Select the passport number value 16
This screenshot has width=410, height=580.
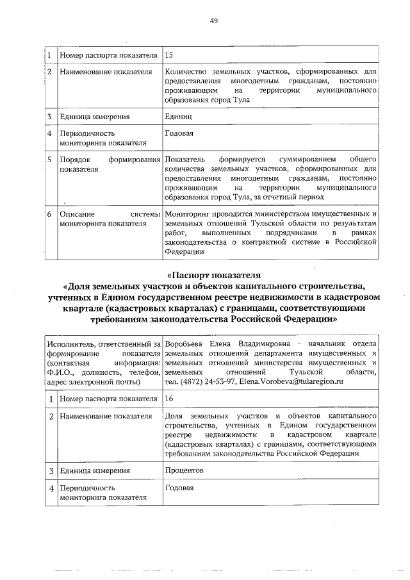click(169, 399)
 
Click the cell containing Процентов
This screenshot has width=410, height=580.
click(184, 470)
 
